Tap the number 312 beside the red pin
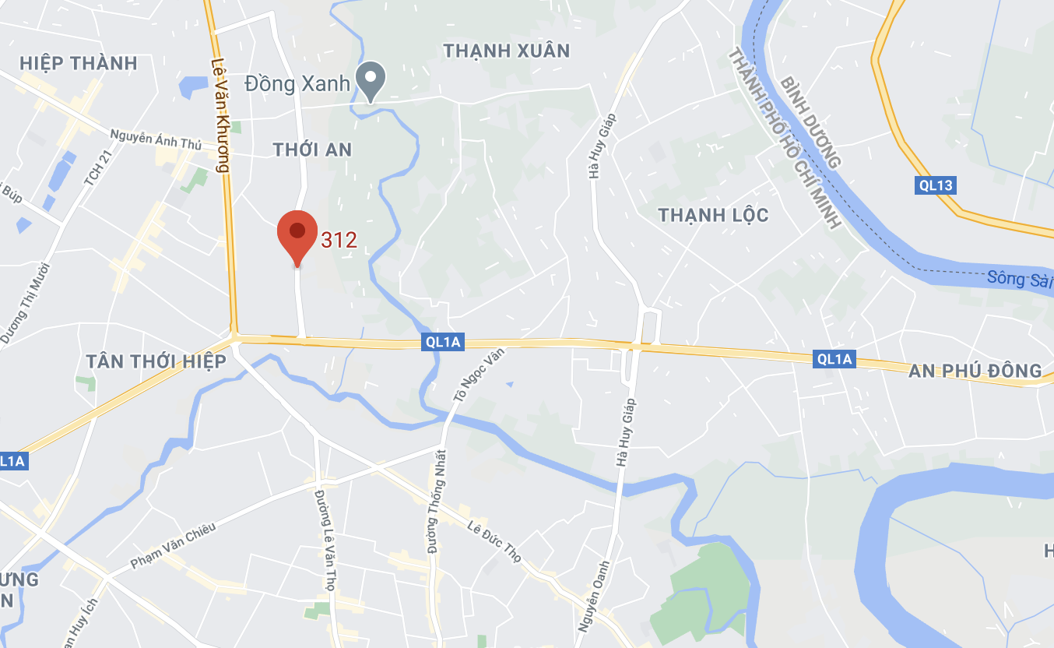[339, 240]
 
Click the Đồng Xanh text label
[297, 83]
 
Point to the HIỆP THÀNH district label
[79, 63]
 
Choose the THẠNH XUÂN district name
[507, 51]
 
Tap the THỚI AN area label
[313, 150]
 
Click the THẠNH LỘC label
[714, 215]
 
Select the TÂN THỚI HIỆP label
[156, 361]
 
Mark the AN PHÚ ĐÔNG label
[975, 371]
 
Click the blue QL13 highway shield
[935, 185]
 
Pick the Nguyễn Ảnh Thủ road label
[156, 139]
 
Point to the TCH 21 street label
[93, 190]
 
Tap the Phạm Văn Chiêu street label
[173, 544]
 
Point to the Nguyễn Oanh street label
[593, 597]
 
